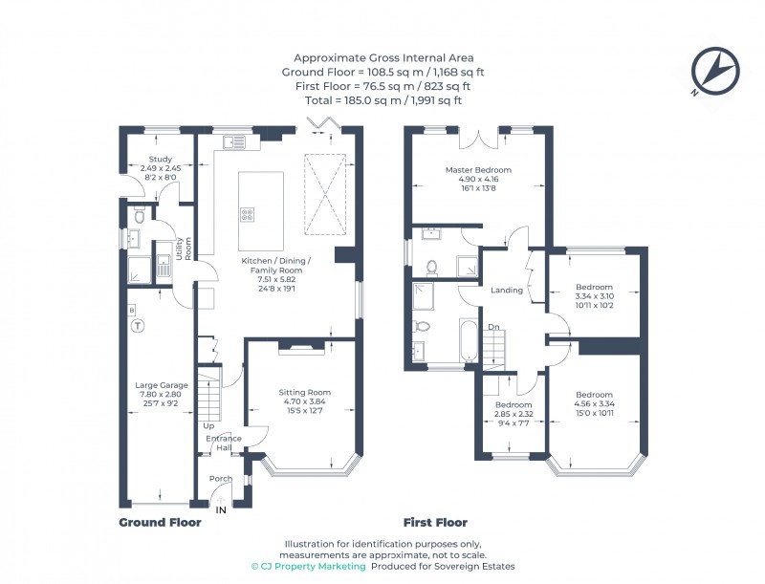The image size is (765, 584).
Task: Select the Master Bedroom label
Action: [478, 170]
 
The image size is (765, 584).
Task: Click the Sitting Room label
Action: [304, 392]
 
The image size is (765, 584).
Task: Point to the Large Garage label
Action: [161, 385]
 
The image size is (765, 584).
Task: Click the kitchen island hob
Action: [246, 214]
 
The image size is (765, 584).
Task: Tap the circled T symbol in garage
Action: [138, 326]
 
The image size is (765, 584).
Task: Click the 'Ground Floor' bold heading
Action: [160, 523]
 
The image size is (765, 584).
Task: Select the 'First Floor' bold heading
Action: [435, 523]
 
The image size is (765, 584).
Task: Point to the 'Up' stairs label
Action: [208, 425]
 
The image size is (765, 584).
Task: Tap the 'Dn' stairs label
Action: [493, 327]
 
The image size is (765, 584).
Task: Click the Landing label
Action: [506, 291]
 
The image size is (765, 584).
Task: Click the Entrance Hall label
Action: [224, 443]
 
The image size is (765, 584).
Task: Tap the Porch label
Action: [220, 478]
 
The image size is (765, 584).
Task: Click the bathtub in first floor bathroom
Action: [467, 341]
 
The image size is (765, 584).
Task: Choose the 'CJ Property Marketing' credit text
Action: [308, 567]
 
